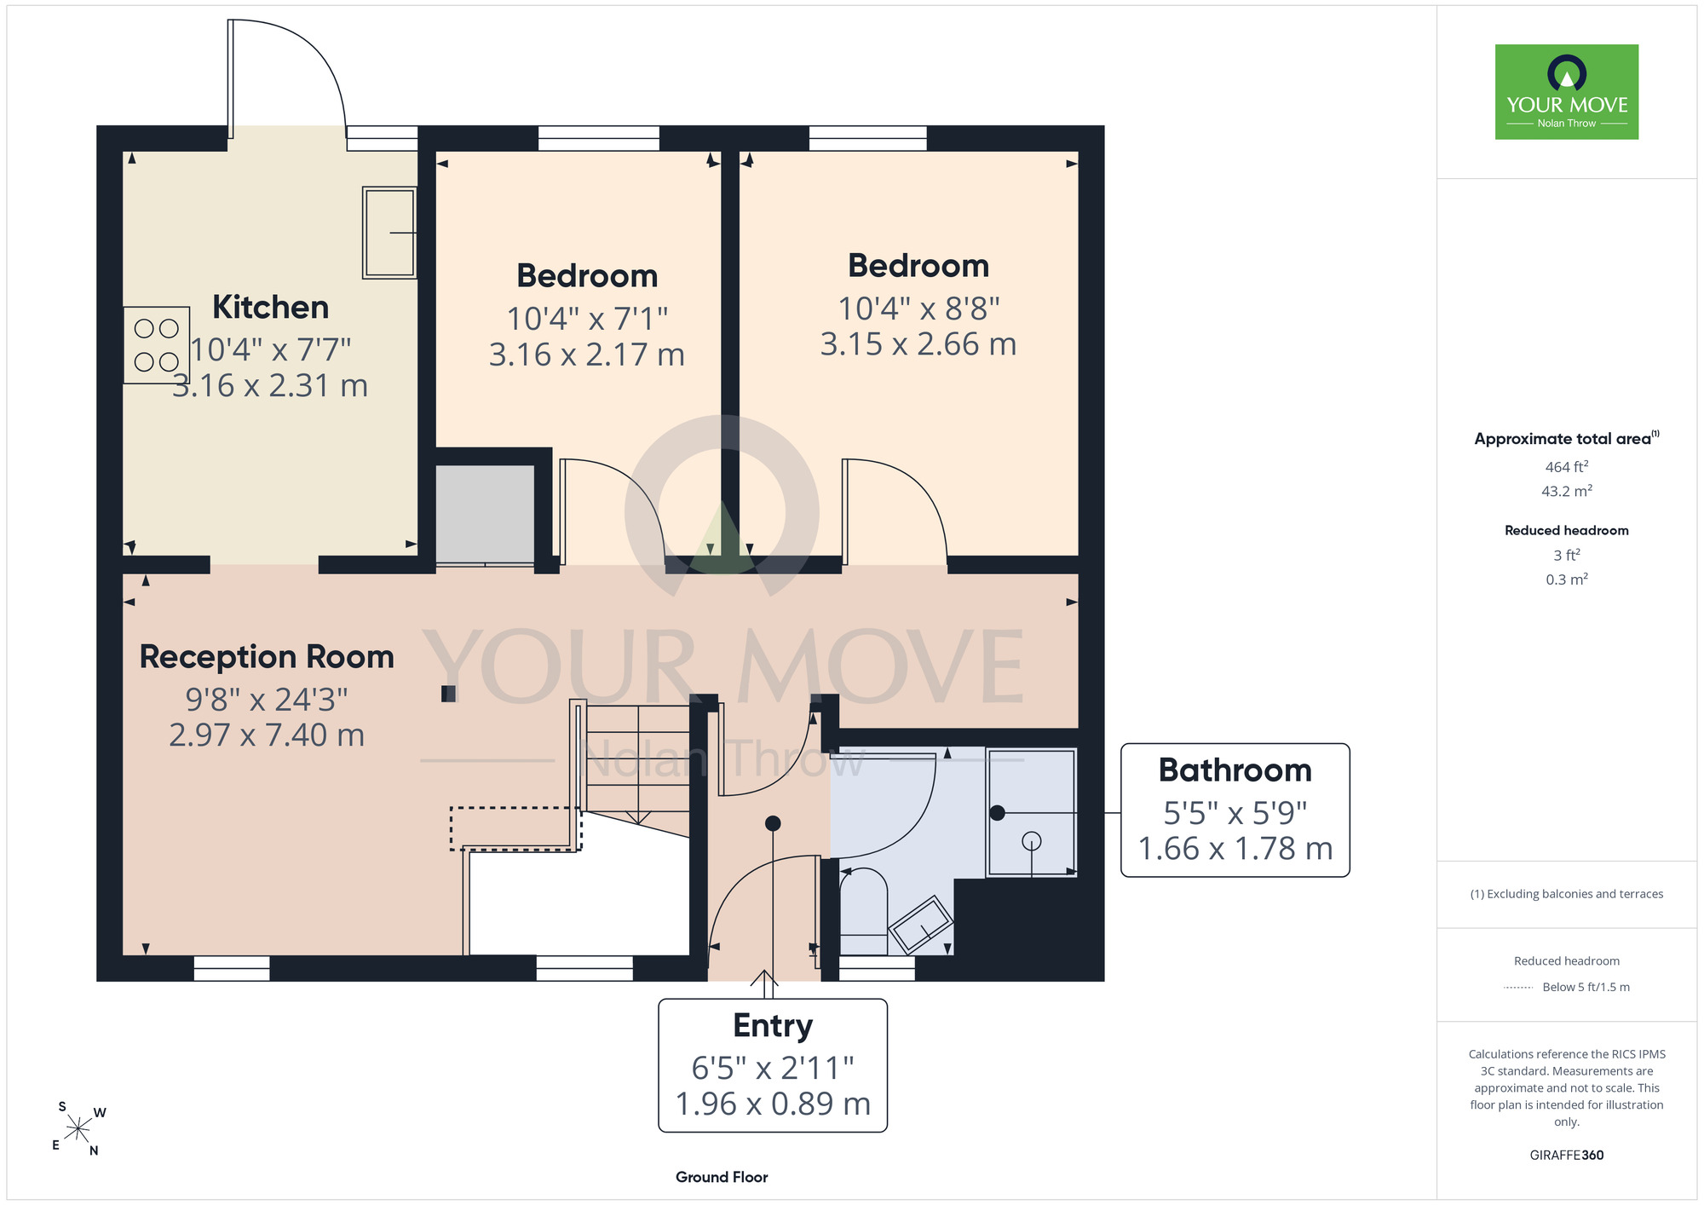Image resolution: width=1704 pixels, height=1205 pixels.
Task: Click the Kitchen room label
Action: [270, 307]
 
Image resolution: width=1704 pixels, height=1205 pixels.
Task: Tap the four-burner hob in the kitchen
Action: [157, 345]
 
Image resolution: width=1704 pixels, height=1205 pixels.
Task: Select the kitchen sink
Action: [390, 232]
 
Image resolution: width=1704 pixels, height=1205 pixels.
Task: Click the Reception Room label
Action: [267, 657]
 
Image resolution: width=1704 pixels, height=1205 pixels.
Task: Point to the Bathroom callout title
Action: [1235, 770]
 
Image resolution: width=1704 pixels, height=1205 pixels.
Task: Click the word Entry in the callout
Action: [773, 1025]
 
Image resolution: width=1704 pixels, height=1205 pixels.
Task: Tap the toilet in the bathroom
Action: [864, 912]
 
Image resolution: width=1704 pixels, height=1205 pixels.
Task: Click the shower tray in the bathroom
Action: [1032, 813]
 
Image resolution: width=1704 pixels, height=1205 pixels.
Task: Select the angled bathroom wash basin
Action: [921, 925]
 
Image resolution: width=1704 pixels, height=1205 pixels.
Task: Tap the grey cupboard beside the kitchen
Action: [485, 514]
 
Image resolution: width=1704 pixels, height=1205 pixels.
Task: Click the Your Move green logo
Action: [1567, 92]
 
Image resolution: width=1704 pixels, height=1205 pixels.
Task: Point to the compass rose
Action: [78, 1130]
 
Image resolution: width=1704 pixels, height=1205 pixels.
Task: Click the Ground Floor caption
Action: [722, 1177]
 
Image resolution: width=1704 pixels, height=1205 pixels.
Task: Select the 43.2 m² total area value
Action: [1567, 491]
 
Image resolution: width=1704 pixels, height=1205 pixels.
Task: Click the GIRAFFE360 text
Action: [1567, 1156]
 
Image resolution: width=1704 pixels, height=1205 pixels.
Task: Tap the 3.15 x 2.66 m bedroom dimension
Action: [918, 344]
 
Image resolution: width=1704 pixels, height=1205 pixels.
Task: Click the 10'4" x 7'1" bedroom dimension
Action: [587, 319]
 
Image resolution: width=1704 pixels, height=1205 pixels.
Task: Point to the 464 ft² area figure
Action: [1567, 467]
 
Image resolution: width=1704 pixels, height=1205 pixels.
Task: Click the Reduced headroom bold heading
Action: [1567, 530]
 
